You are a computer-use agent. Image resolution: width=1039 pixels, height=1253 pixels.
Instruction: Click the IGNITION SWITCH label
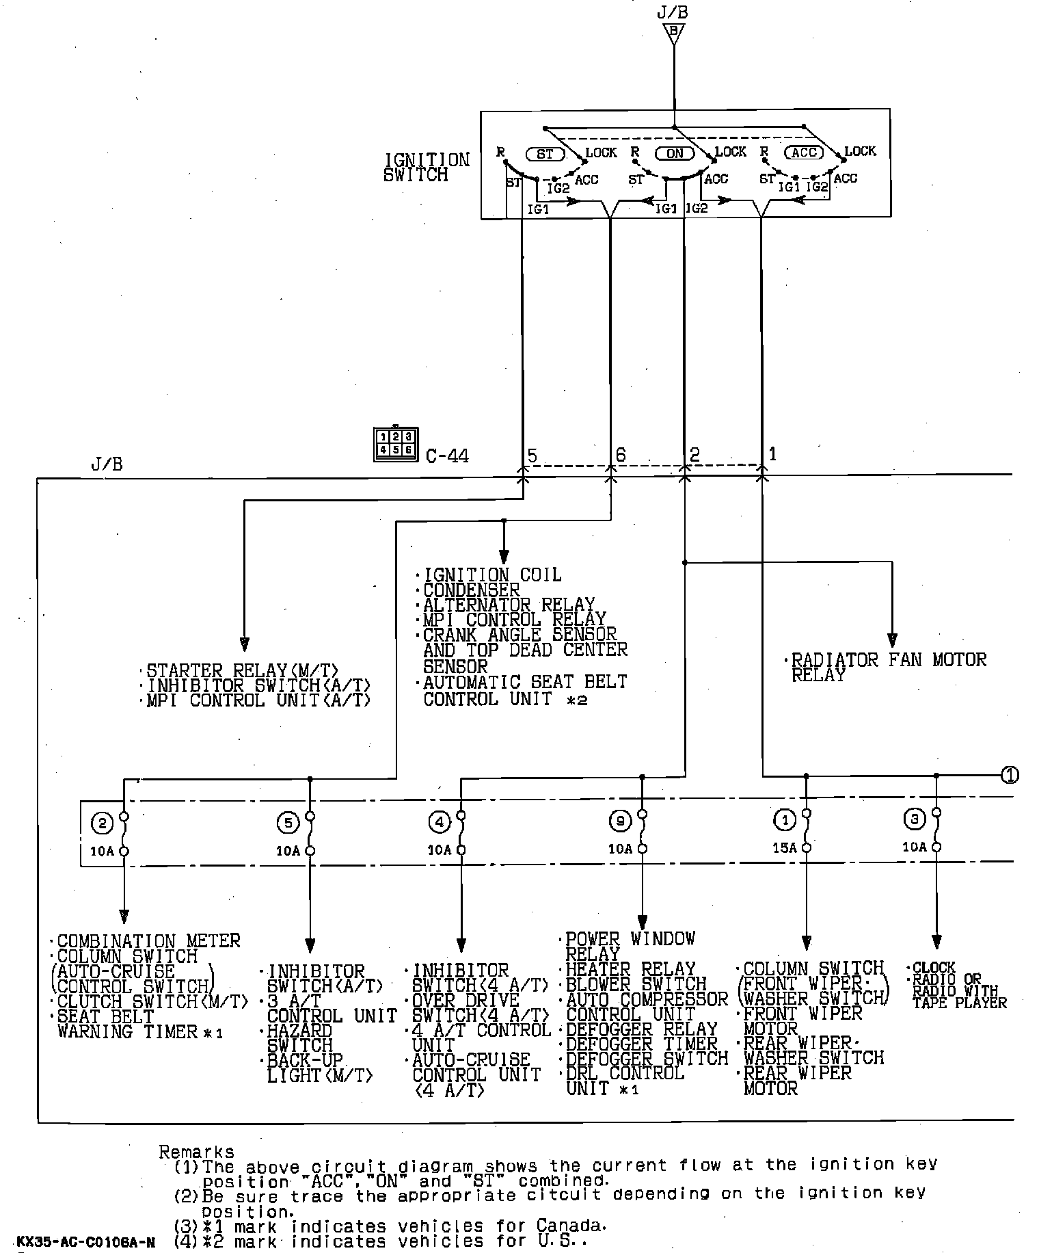tap(427, 168)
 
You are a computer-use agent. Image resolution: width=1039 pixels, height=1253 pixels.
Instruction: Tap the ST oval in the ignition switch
tap(545, 154)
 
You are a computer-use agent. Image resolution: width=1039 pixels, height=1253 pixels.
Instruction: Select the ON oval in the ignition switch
tap(674, 153)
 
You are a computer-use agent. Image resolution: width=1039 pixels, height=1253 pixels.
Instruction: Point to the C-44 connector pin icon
tap(396, 444)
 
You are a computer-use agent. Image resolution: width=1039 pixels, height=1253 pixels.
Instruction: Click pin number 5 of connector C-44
tap(532, 455)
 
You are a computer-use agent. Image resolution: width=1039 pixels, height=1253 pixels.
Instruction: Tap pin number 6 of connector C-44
tap(620, 455)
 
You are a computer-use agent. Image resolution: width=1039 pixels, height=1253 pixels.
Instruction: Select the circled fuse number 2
tap(103, 823)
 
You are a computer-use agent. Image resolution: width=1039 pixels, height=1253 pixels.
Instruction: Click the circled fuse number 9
tap(620, 821)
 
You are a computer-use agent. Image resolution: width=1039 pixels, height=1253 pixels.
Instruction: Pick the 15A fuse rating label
tap(785, 848)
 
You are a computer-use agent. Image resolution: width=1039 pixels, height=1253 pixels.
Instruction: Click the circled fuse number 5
tap(288, 823)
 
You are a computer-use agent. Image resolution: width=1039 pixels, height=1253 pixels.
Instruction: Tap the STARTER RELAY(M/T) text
tap(242, 670)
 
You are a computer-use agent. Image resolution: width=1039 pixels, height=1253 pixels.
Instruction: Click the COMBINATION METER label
tap(148, 941)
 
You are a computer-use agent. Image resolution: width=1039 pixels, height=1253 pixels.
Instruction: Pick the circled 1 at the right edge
tap(1010, 775)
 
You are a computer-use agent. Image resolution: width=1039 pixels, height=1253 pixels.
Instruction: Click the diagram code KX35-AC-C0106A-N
tap(85, 1241)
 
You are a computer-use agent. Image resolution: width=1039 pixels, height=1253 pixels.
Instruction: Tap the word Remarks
tap(197, 1152)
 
